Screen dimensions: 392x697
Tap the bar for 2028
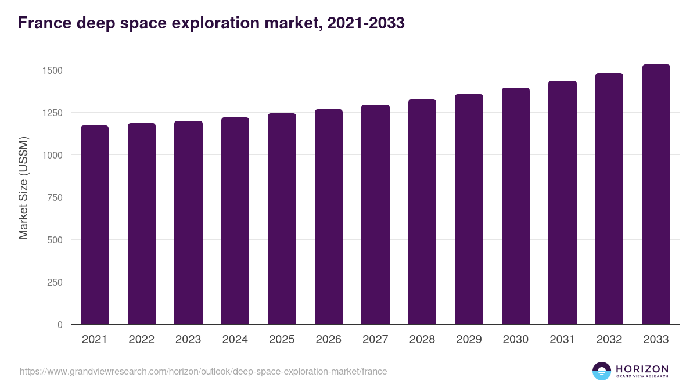422,211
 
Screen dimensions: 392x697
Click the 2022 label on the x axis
141,340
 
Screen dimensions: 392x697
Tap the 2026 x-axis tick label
328,340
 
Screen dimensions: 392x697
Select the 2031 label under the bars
562,340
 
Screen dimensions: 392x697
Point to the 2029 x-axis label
469,340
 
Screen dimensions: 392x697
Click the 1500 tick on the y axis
52,70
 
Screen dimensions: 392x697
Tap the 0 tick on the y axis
59,325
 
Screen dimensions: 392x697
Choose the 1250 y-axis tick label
52,113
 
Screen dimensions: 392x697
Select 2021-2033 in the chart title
366,23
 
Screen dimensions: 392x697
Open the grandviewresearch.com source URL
203,371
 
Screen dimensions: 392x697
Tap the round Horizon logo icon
601,371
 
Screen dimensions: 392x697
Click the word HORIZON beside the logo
642,368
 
